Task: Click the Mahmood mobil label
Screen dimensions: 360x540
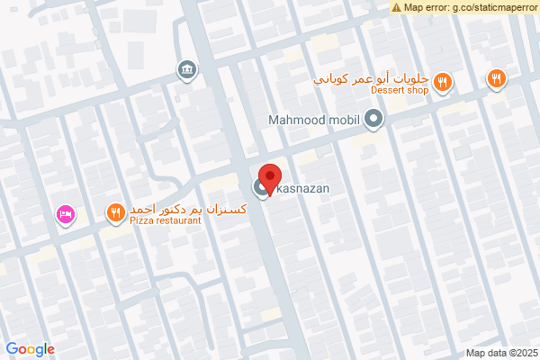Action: click(x=313, y=119)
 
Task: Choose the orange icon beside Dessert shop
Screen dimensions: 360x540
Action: click(x=442, y=84)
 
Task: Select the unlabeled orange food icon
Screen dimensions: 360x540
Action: click(x=496, y=79)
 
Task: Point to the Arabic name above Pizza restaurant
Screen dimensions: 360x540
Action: click(x=167, y=208)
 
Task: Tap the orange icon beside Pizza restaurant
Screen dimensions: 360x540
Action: click(x=115, y=213)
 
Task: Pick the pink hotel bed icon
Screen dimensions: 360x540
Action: click(x=65, y=214)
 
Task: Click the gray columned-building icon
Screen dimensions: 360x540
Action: click(x=187, y=69)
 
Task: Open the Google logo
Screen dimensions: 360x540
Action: click(x=30, y=349)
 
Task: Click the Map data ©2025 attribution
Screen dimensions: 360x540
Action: click(x=499, y=353)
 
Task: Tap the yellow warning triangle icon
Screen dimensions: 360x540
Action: click(x=397, y=7)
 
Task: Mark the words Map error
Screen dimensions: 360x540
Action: click(x=424, y=7)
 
